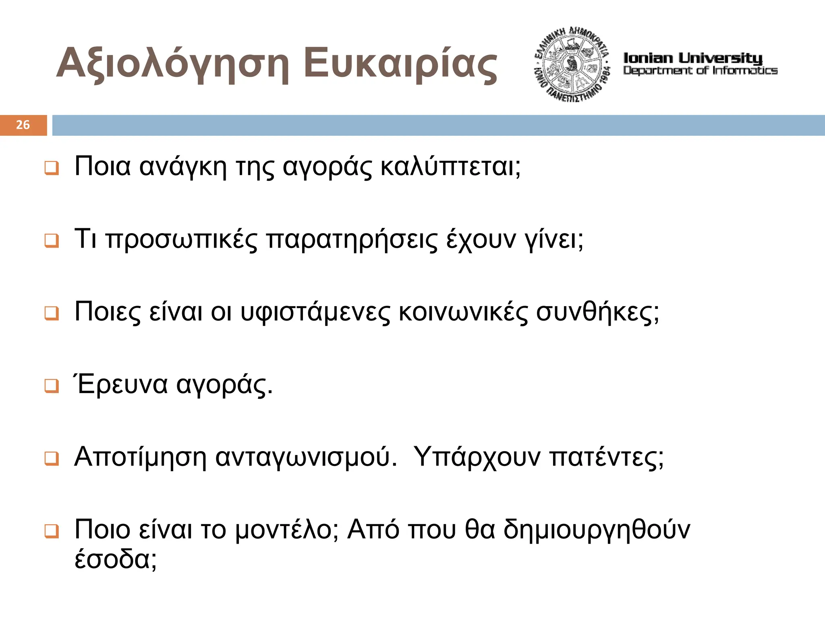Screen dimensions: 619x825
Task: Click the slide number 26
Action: pyautogui.click(x=23, y=125)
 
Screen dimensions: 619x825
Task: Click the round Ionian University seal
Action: pyautogui.click(x=572, y=64)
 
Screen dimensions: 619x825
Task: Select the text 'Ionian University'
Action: pyautogui.click(x=693, y=58)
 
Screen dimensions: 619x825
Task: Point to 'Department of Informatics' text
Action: pyautogui.click(x=700, y=70)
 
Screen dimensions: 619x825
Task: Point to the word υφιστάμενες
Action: pyautogui.click(x=315, y=312)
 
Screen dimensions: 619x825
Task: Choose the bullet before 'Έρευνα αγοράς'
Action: pyautogui.click(x=52, y=386)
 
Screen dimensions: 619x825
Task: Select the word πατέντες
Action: pyautogui.click(x=607, y=457)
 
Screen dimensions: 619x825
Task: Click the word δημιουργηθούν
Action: pyautogui.click(x=597, y=530)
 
